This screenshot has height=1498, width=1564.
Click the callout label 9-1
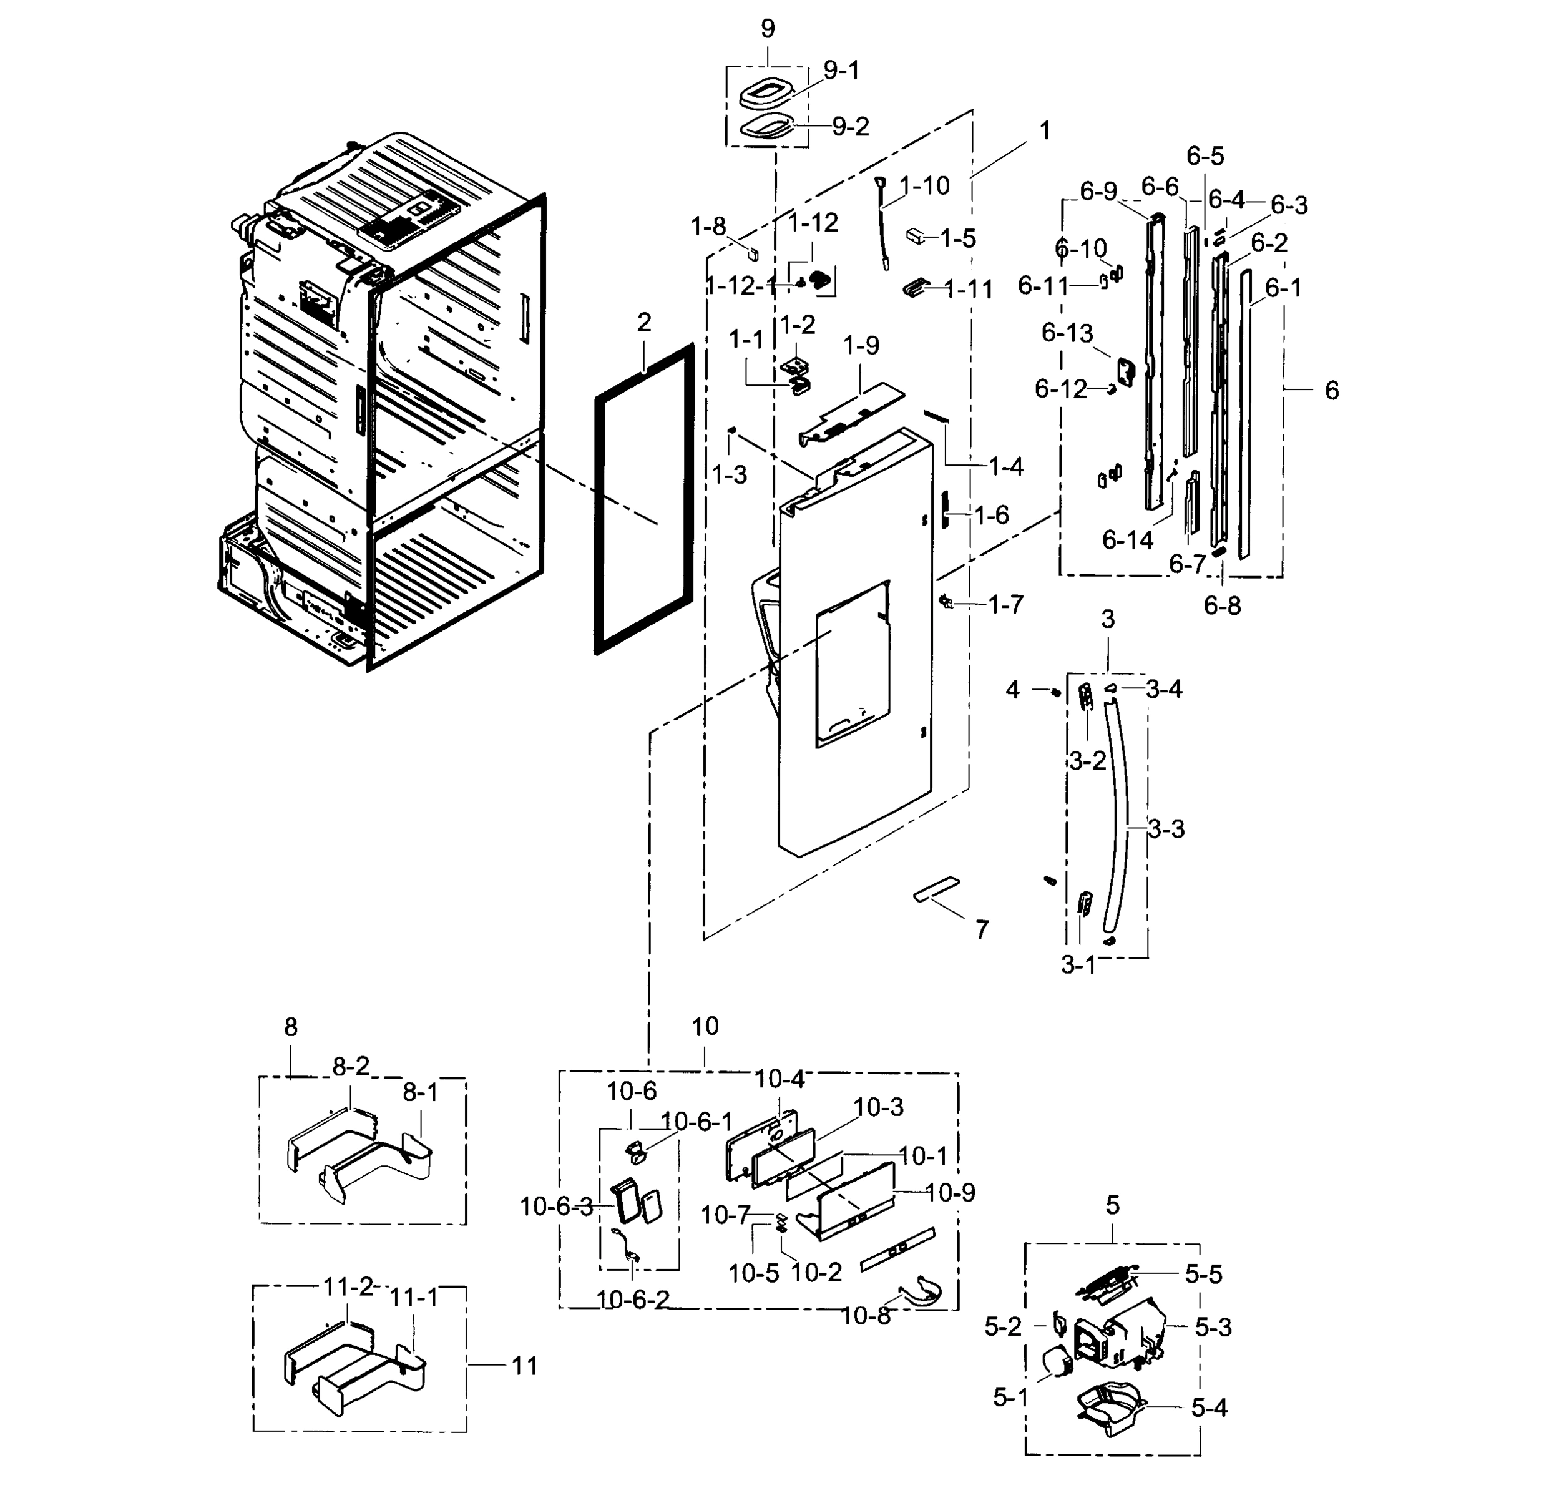[x=841, y=71]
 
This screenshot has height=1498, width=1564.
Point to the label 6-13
[x=1067, y=333]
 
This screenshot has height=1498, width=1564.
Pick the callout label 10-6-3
[x=556, y=1207]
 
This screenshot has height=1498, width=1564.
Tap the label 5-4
[x=1209, y=1408]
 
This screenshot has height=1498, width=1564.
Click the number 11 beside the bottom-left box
[x=524, y=1366]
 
